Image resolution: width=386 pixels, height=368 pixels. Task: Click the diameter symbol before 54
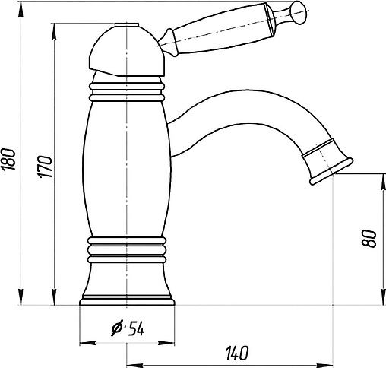(x=117, y=328)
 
